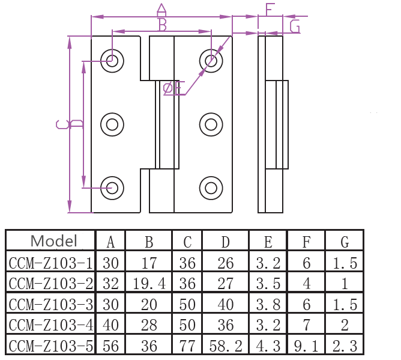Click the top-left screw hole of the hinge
pyautogui.click(x=112, y=59)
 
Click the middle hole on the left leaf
pyautogui.click(x=112, y=124)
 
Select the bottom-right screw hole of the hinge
pyautogui.click(x=211, y=188)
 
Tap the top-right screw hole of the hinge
pyautogui.click(x=211, y=59)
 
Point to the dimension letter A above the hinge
pyautogui.click(x=161, y=9)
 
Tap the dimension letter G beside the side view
pyautogui.click(x=295, y=26)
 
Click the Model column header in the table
pyautogui.click(x=53, y=242)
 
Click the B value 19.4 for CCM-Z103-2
pyautogui.click(x=149, y=283)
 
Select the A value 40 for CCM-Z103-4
pyautogui.click(x=110, y=325)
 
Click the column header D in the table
pyautogui.click(x=225, y=242)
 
